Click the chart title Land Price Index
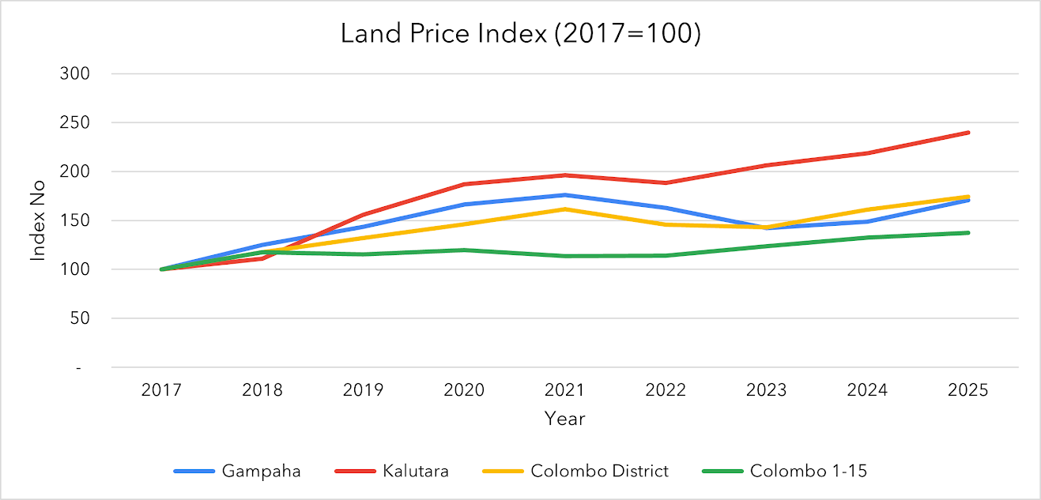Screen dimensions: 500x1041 coord(520,34)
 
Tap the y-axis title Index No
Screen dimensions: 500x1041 coord(37,220)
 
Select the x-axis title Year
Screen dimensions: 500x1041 coord(564,419)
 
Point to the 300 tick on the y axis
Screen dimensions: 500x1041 coord(77,73)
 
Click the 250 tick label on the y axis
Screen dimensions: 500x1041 coord(77,122)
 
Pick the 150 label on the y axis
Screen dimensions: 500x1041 coord(77,220)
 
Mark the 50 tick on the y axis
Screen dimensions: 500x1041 coord(81,318)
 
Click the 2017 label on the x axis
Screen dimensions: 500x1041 coord(161,390)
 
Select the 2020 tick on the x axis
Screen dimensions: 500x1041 coord(464,390)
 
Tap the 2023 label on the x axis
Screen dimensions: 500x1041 coord(767,390)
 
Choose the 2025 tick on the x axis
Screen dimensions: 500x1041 coord(968,390)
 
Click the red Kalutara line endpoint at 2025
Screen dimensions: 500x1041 coord(968,133)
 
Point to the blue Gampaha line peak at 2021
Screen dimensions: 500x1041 coord(565,195)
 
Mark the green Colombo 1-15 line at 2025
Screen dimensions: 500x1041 coord(968,233)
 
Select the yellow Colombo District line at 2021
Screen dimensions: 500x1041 coord(565,209)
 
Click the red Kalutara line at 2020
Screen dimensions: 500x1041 coord(464,184)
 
